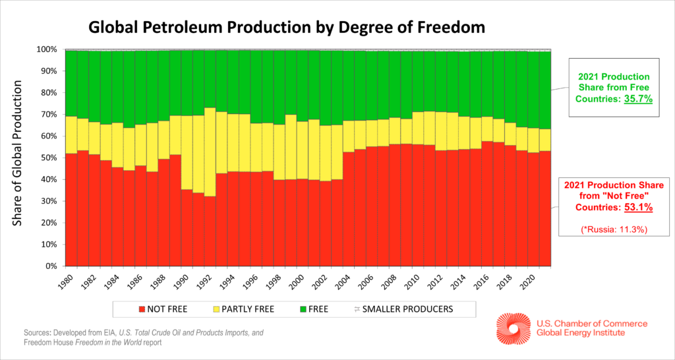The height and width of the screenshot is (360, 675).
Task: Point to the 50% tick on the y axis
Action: pos(51,158)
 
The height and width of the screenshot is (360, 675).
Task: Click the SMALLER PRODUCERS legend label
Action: pos(413,309)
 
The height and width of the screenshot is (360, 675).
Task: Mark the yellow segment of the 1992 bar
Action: pos(210,152)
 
